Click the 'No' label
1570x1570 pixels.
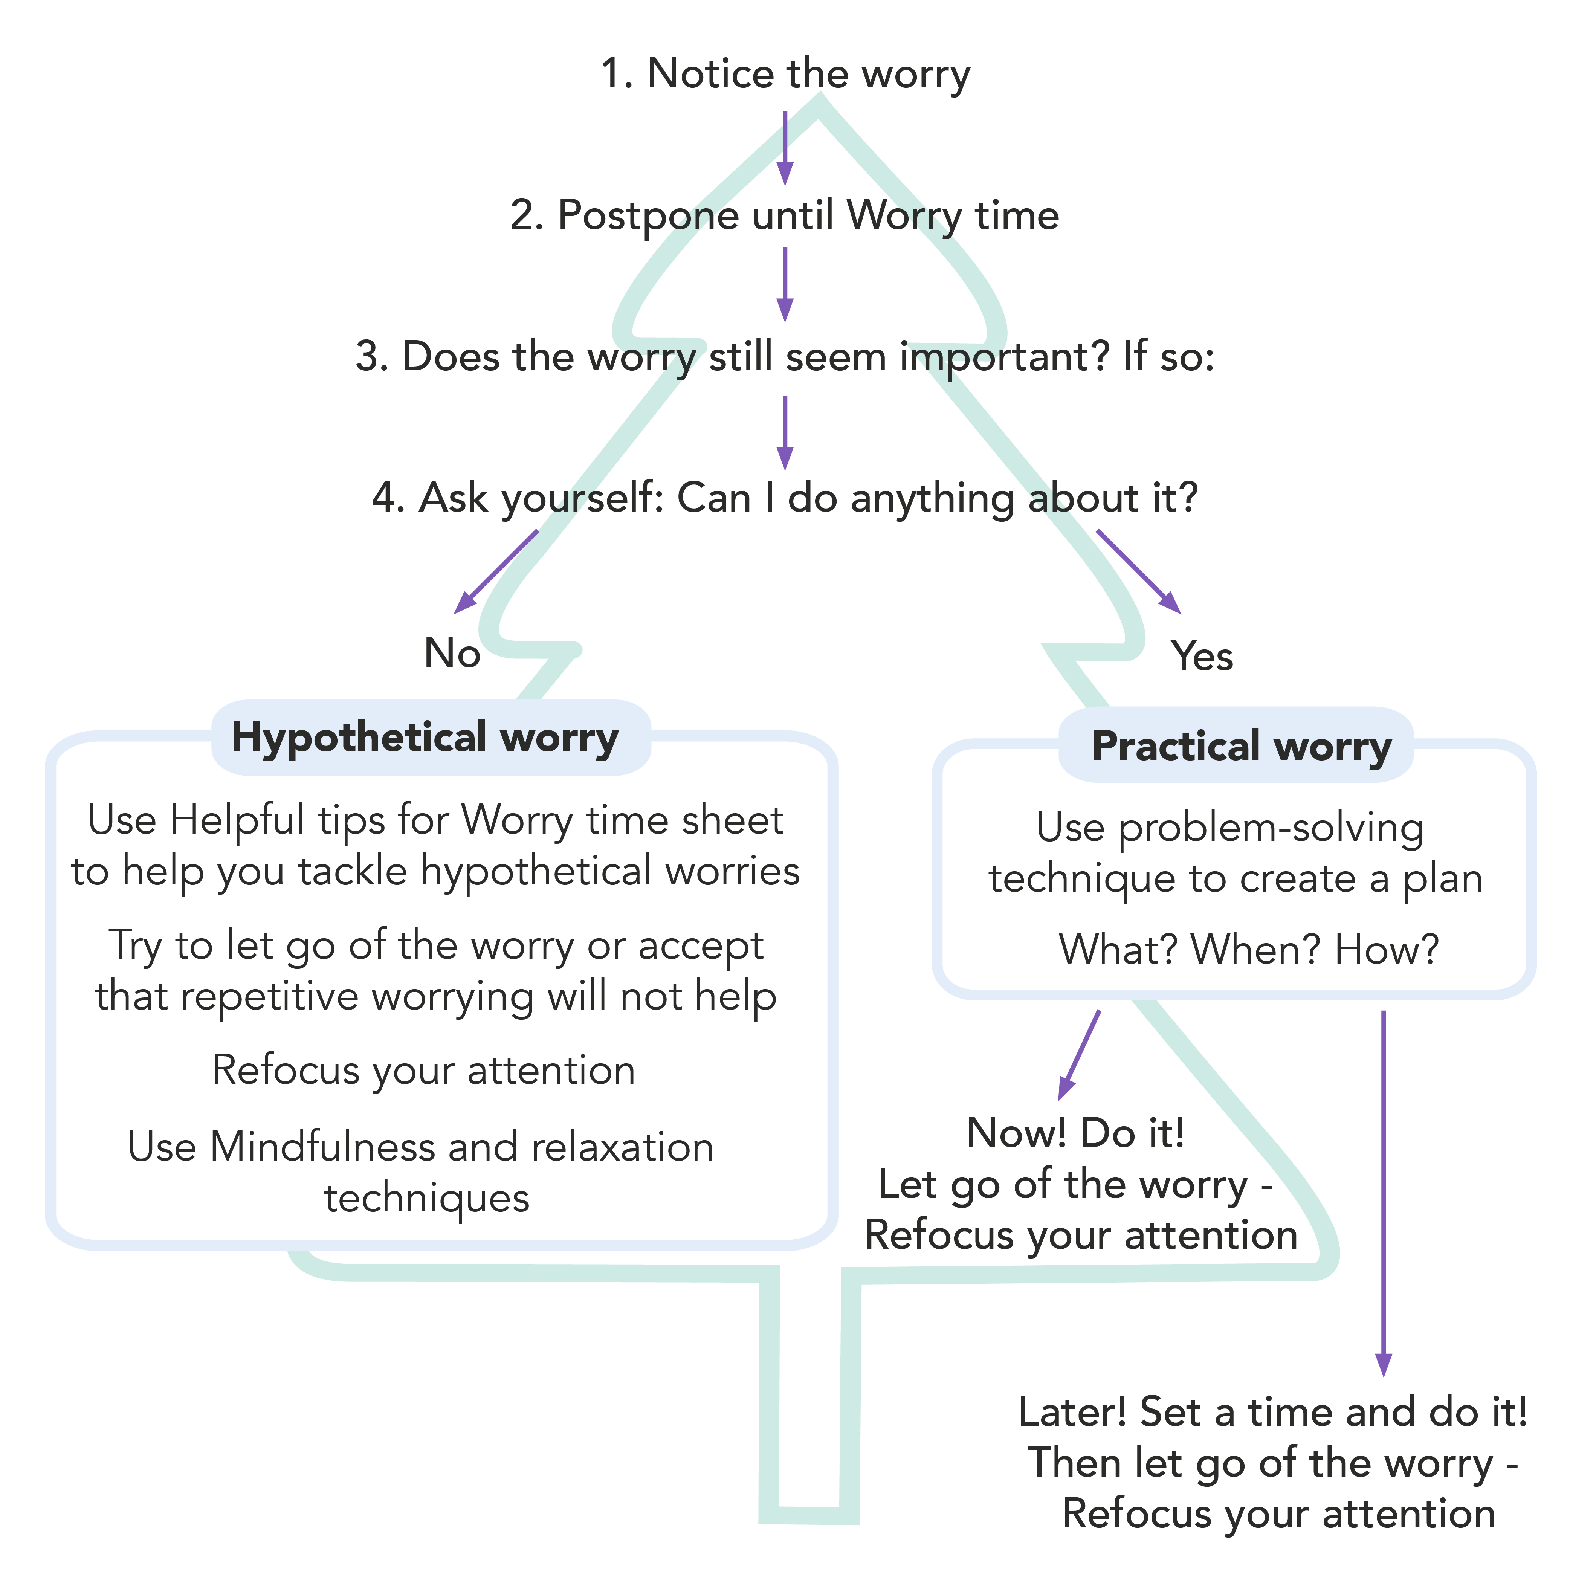tap(452, 652)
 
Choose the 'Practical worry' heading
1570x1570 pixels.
tap(1241, 745)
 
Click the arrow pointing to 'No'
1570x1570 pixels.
tap(496, 571)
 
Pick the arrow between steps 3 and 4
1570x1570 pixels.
tap(784, 432)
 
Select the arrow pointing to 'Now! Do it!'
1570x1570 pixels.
tap(1079, 1055)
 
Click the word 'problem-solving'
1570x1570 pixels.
tap(1270, 828)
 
